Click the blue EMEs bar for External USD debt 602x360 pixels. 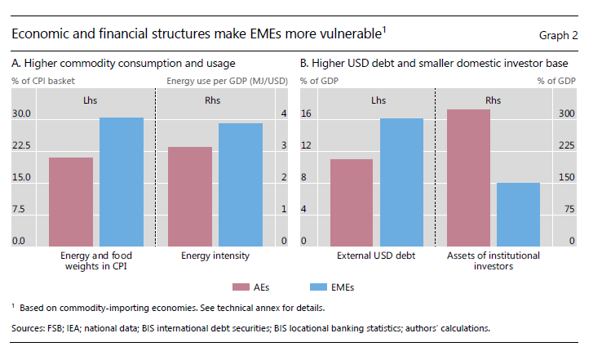[401, 182]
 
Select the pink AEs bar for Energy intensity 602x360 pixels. [190, 196]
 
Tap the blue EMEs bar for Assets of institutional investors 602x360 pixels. [518, 214]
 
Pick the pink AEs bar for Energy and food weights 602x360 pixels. [71, 202]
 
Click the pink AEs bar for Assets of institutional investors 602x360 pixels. [468, 177]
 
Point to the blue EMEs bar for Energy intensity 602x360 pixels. [241, 184]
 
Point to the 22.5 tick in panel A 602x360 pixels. [20, 145]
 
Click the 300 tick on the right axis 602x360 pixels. [567, 113]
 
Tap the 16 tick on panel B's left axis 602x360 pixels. [307, 113]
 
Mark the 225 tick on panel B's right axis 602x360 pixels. [567, 145]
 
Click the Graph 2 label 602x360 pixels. [559, 35]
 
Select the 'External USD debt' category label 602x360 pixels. [376, 256]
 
